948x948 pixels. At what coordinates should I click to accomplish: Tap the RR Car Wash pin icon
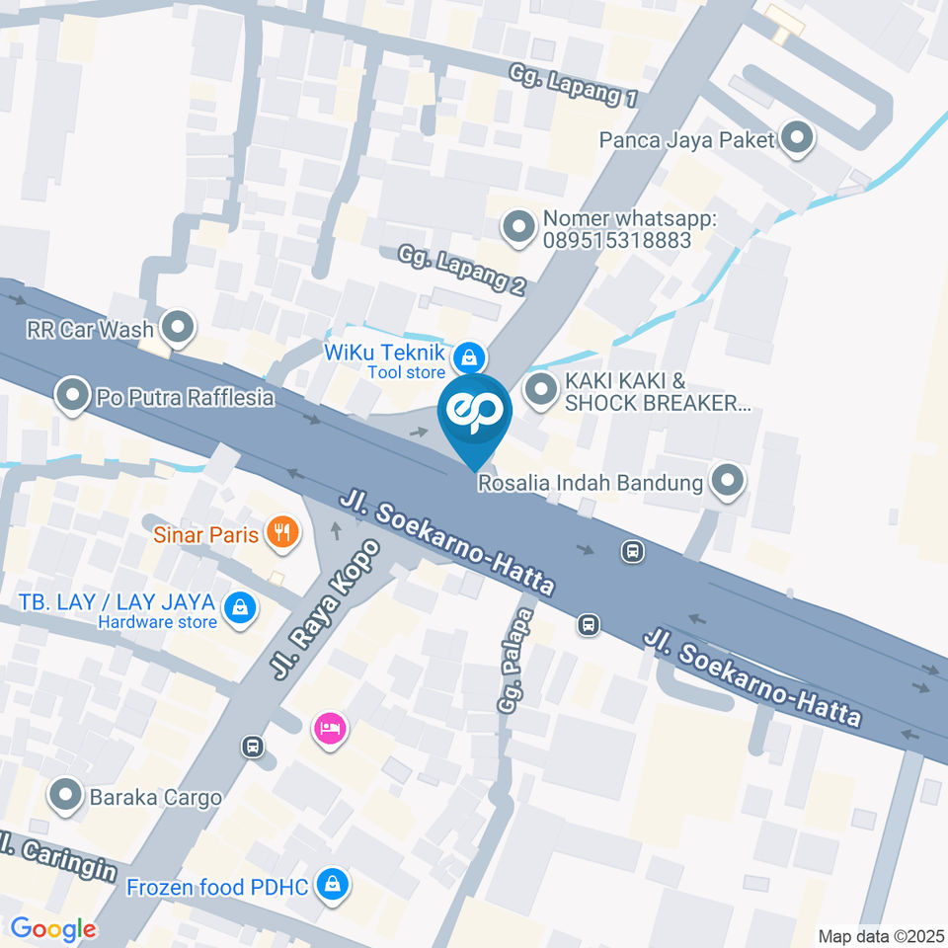(178, 328)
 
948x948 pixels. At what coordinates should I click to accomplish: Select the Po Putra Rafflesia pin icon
(72, 397)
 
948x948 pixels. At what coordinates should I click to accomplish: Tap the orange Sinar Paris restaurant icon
(281, 534)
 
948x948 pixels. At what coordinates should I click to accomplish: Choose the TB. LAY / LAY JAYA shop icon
(239, 607)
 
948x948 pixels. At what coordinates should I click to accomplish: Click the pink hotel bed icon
(330, 730)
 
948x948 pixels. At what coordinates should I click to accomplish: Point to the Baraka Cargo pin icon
(65, 795)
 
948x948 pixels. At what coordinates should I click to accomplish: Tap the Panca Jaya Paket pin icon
(797, 139)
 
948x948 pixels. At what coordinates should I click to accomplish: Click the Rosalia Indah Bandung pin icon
(729, 482)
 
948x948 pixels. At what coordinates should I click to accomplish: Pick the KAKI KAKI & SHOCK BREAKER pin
(540, 390)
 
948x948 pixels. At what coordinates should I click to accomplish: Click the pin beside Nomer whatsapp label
(517, 228)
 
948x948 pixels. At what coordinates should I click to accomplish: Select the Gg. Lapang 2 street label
(462, 272)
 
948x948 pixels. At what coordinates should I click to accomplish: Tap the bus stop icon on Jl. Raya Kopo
(253, 746)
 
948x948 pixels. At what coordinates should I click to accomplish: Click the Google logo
(53, 928)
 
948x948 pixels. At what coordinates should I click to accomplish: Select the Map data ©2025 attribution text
(881, 935)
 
